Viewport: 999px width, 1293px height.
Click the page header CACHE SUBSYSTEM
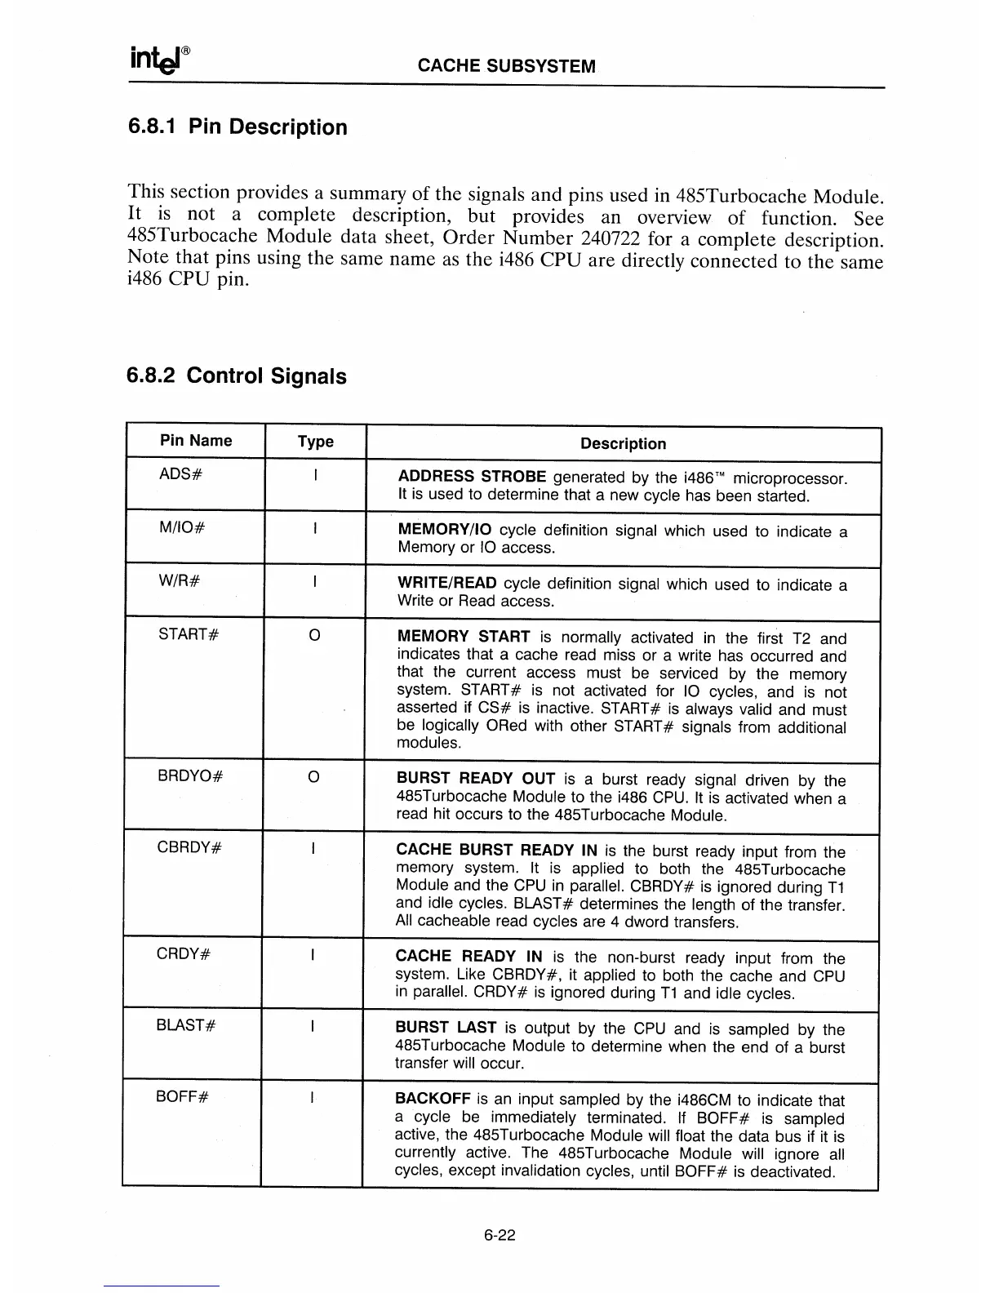coord(506,66)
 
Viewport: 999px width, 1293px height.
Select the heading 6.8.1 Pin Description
coord(238,127)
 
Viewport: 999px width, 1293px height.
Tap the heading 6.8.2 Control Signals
coord(237,376)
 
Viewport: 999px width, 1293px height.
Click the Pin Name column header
coord(196,441)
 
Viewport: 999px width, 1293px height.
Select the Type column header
coord(315,442)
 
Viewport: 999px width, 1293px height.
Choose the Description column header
coord(623,444)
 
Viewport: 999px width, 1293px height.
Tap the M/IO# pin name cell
coord(181,528)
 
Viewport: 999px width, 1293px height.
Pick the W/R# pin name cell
coord(179,581)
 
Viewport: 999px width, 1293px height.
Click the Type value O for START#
coord(314,635)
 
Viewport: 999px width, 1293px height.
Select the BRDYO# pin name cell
coord(189,776)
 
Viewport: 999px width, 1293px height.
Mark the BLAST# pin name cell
coord(186,1025)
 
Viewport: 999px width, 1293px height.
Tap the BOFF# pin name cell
coord(183,1096)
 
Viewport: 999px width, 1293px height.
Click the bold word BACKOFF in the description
coord(432,1100)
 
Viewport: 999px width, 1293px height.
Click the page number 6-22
coord(499,1236)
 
